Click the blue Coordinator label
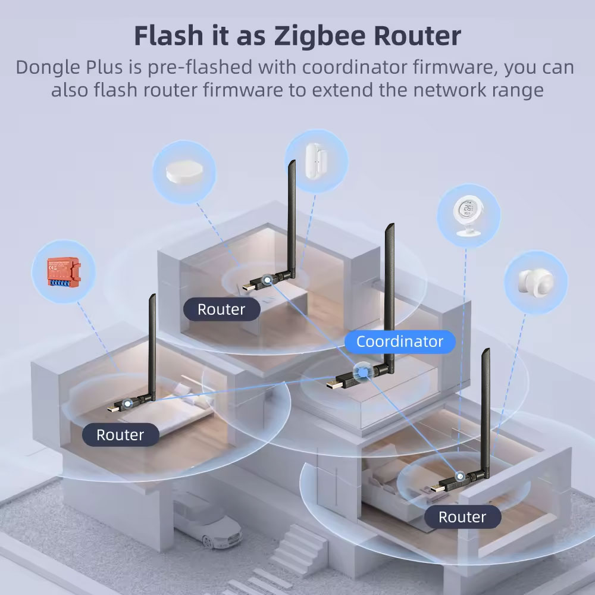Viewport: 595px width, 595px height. coord(400,342)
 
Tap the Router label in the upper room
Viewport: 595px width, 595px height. coord(221,309)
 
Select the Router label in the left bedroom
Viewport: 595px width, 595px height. coord(120,435)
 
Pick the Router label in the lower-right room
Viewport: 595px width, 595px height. coord(462,517)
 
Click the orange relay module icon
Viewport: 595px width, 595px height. coord(64,271)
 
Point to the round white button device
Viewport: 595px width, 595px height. coord(184,173)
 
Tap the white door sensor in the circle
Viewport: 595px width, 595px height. coord(317,161)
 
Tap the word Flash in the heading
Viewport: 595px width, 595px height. coord(168,35)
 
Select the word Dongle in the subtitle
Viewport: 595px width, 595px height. coord(48,68)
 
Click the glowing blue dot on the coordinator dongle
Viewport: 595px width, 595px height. coord(363,372)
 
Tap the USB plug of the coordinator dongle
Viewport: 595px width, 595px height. coord(334,384)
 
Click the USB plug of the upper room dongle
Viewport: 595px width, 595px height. coord(249,286)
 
